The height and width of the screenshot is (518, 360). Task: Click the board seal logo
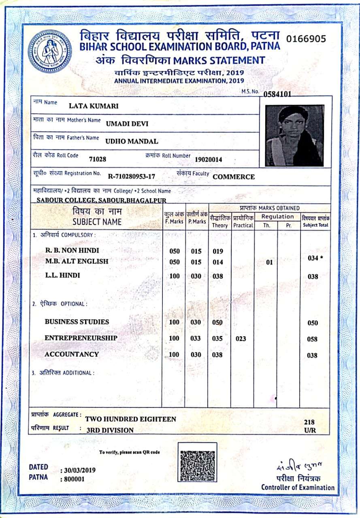tap(49, 51)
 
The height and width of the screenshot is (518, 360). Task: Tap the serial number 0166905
tap(306, 39)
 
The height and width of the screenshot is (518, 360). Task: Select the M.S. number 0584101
tap(277, 95)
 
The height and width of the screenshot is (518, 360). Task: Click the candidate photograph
tap(294, 136)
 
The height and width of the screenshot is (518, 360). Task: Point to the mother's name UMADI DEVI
tap(127, 124)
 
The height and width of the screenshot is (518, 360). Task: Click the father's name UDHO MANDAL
tap(132, 141)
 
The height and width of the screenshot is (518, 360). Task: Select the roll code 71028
tap(97, 159)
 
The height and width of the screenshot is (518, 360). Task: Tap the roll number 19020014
tap(209, 159)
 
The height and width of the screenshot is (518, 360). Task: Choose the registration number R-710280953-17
tap(132, 176)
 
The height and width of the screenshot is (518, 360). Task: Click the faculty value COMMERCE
tap(234, 177)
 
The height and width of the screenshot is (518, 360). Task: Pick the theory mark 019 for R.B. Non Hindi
tap(218, 251)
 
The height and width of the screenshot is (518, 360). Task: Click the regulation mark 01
tap(269, 263)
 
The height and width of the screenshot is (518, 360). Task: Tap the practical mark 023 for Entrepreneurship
tap(241, 338)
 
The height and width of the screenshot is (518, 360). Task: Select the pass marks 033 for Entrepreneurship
tap(196, 338)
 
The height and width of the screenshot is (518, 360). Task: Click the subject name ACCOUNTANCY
tap(72, 354)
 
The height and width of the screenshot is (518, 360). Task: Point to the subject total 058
tap(312, 340)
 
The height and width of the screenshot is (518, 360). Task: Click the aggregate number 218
tap(309, 422)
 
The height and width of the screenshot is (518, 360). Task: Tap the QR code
tap(197, 462)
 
